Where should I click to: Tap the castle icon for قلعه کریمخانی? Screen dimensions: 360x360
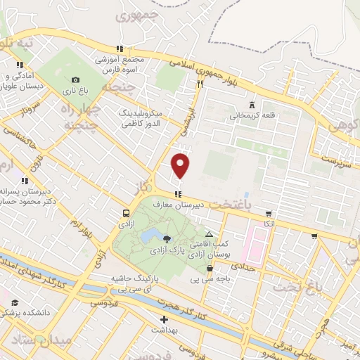tap(252, 105)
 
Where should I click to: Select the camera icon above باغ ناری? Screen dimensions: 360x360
tap(75, 79)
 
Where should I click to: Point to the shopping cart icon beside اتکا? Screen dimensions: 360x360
tap(269, 213)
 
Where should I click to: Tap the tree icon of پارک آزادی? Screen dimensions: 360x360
tap(166, 240)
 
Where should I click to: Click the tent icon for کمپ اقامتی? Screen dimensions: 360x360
tap(209, 233)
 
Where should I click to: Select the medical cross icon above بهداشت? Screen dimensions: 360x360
tap(165, 320)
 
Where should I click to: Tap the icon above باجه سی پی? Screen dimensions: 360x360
tap(210, 268)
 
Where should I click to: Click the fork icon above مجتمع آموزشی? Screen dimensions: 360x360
tap(120, 49)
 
